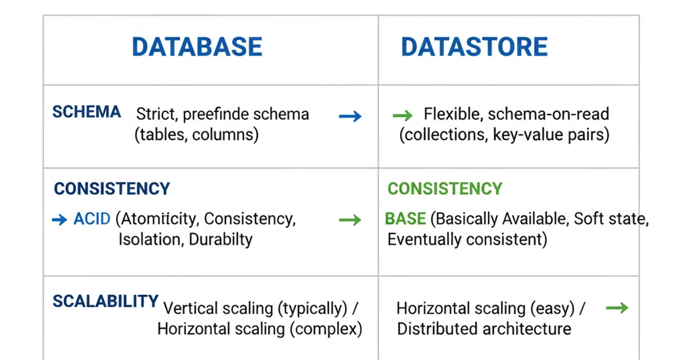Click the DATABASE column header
point(197,47)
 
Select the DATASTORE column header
point(474,47)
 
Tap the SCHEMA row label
point(86,112)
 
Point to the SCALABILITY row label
point(105,301)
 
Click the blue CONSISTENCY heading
point(112,189)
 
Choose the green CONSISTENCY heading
point(445,189)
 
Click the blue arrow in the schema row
point(350,117)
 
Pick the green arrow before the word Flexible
point(402,116)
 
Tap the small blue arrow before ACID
point(59,219)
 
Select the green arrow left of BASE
point(350,220)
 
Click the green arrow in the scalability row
point(617,308)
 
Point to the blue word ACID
point(92,219)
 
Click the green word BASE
point(405,219)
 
